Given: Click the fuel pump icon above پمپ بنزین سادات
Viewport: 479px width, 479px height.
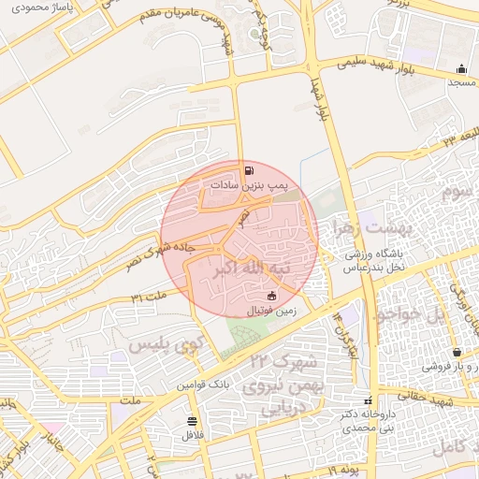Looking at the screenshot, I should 249,171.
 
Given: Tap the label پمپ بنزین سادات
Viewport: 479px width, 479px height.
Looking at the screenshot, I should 250,187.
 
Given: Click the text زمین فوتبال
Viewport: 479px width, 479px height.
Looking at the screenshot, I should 272,310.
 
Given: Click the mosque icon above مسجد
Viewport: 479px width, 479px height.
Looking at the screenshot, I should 461,69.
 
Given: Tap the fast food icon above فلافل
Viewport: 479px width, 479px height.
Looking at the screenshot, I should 192,421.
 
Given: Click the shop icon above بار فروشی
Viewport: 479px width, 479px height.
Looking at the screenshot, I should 456,353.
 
